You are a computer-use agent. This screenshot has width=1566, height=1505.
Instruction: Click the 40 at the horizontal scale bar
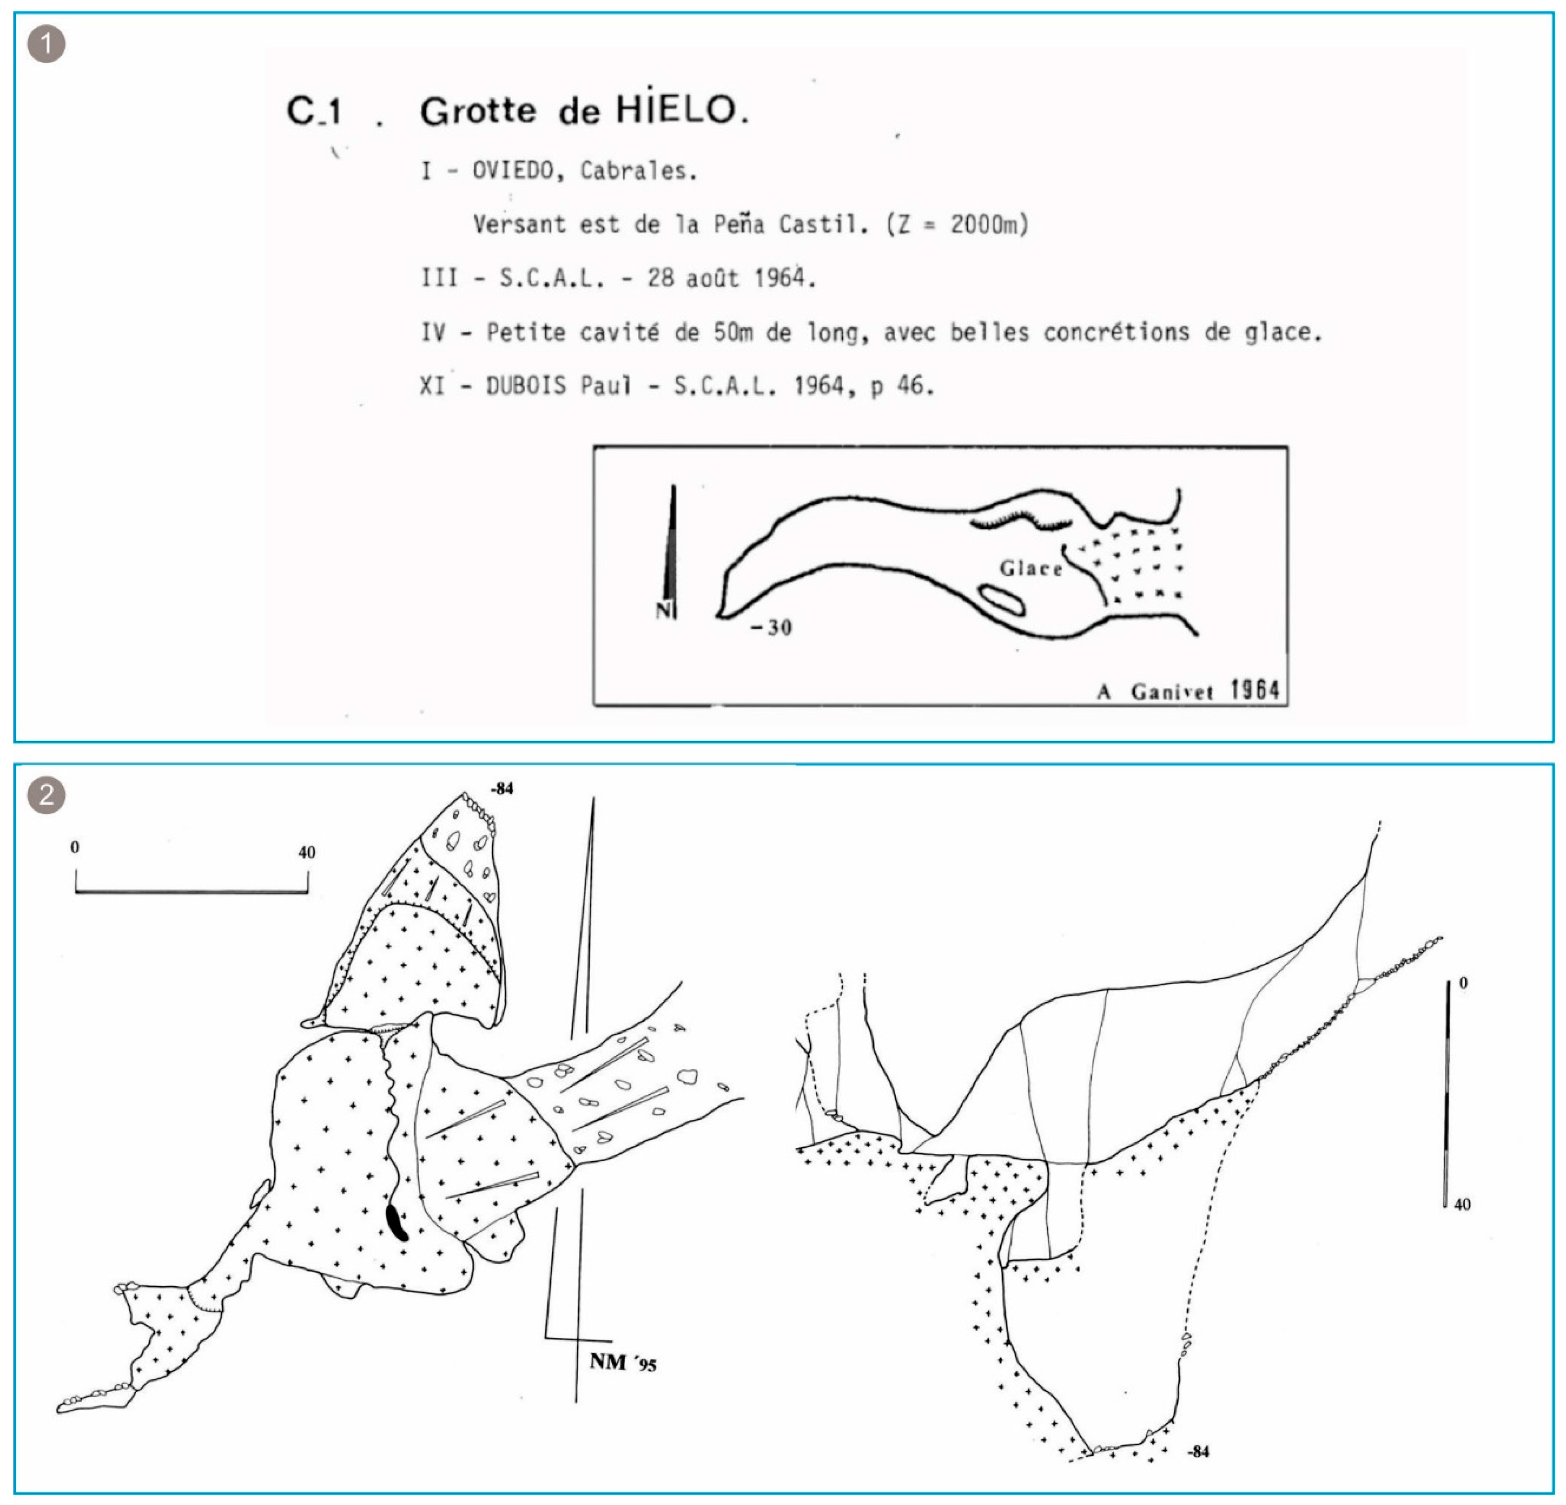[307, 852]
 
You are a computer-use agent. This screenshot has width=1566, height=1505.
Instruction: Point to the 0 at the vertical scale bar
[1463, 983]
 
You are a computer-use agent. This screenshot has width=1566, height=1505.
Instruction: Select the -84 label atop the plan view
[501, 789]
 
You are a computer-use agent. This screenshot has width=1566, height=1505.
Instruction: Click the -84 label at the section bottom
[1198, 1451]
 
